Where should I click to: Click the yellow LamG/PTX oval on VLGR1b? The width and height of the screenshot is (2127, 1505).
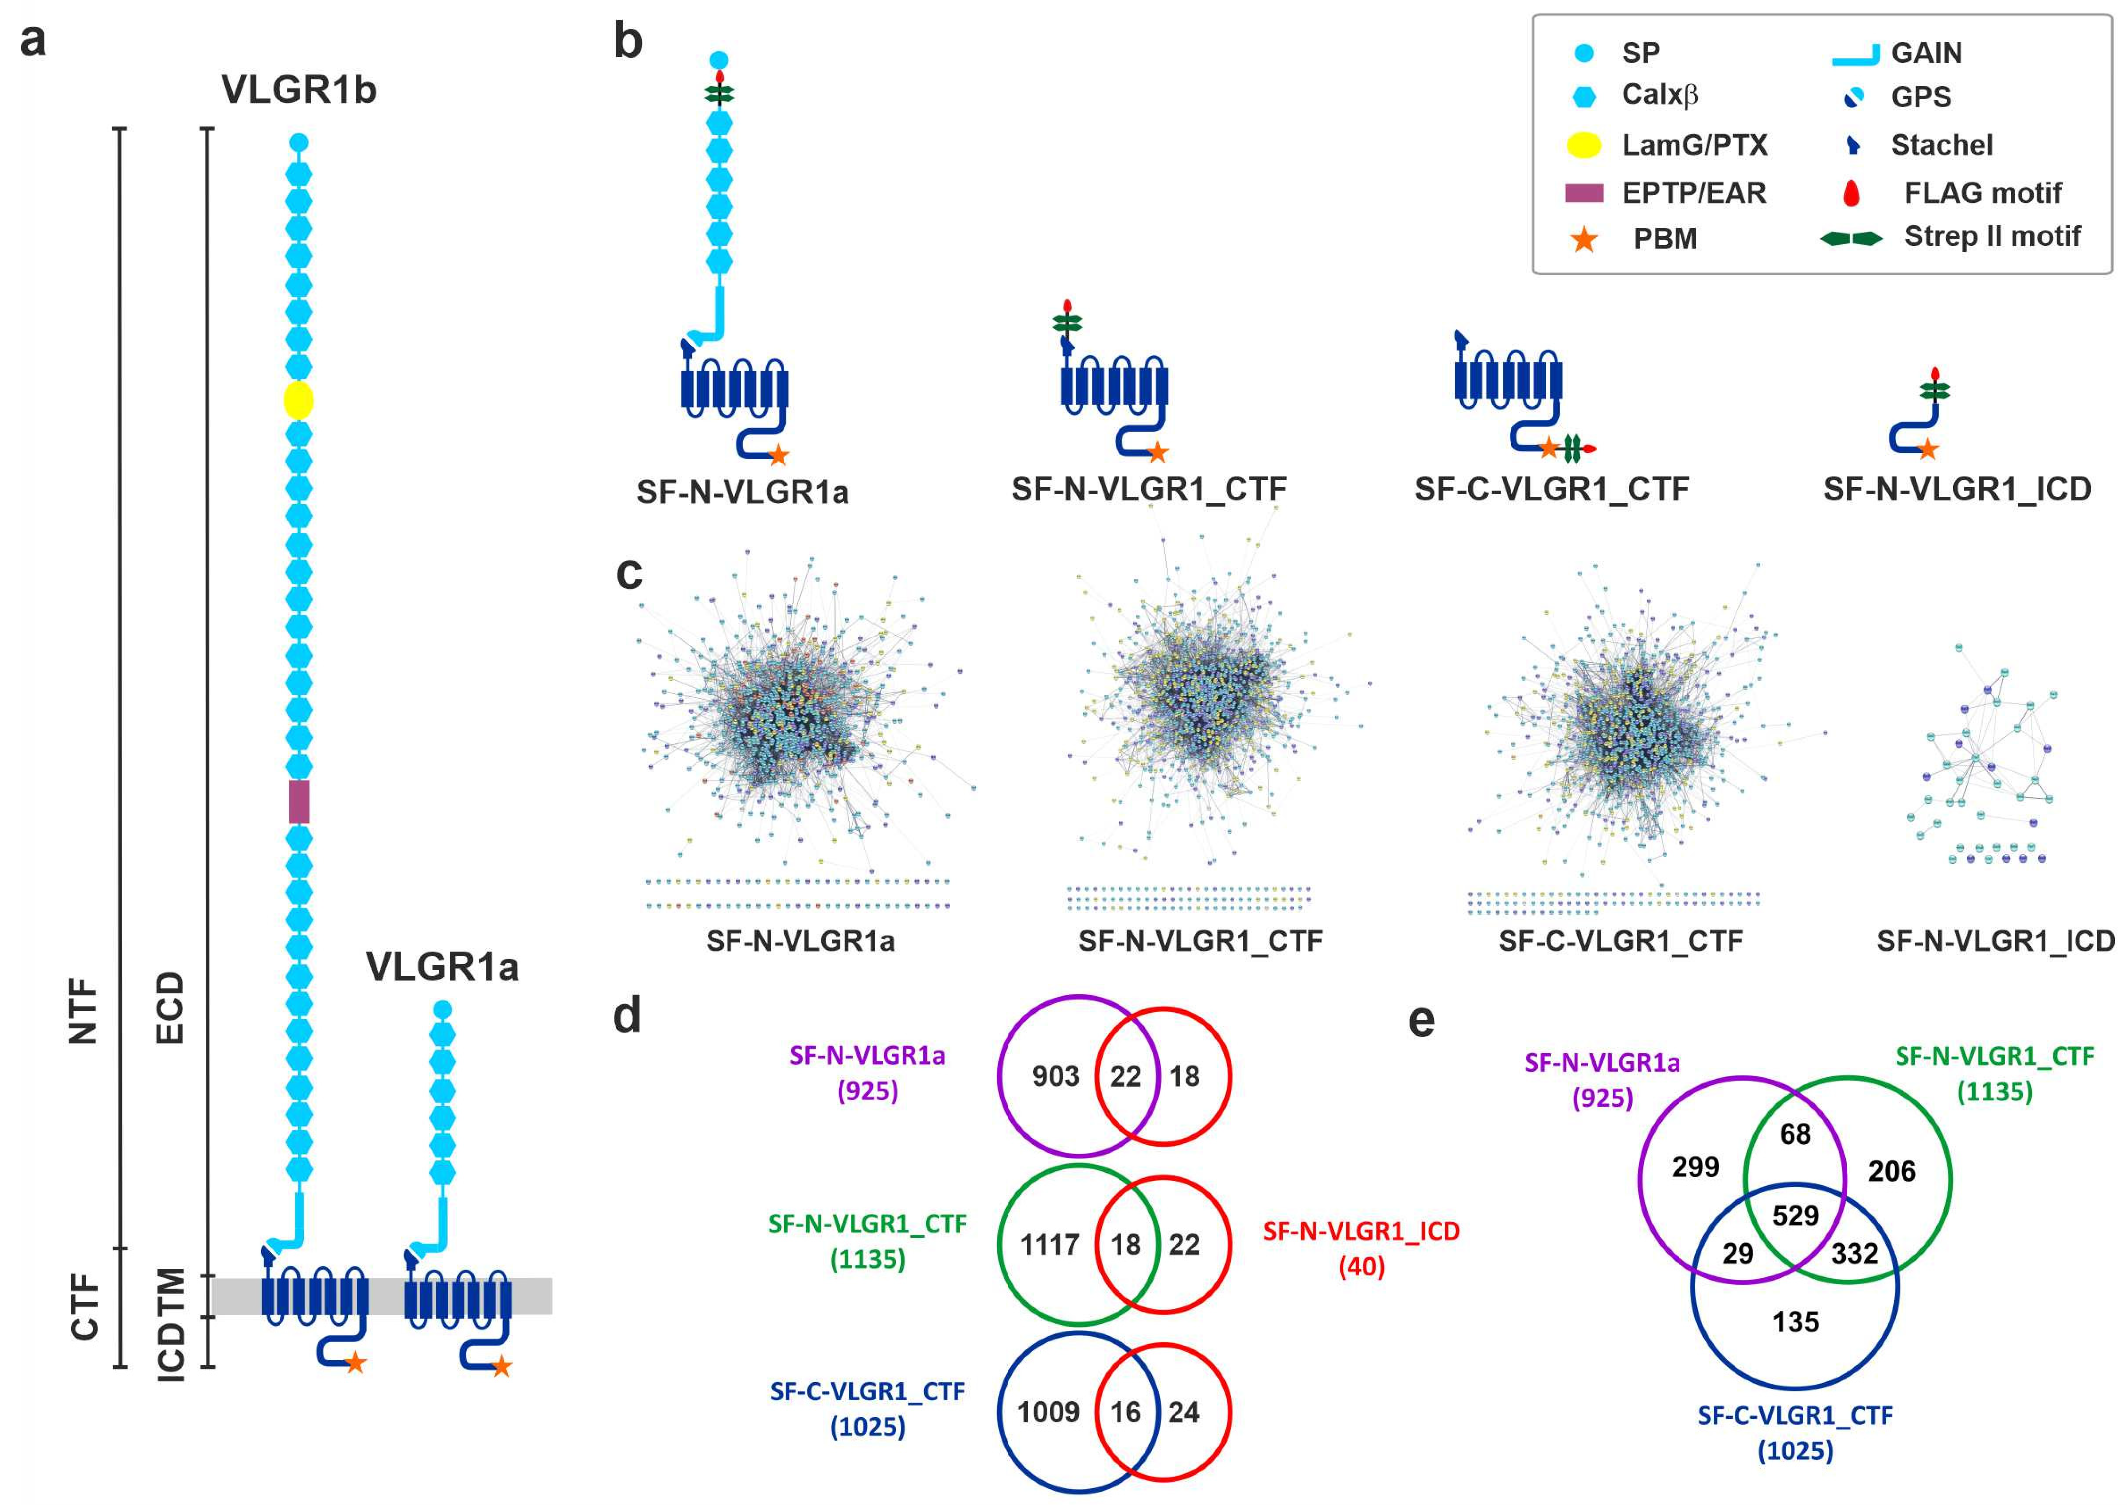298,401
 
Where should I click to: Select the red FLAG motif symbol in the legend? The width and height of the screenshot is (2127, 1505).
1851,193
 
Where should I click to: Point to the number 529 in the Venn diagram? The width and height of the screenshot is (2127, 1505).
1794,1215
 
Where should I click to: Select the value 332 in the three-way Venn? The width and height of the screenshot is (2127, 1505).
1854,1254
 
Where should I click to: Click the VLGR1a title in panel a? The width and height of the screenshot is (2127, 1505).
442,967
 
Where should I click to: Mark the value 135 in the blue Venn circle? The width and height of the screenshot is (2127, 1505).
1795,1322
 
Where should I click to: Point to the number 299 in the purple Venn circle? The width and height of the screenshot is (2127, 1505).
1695,1167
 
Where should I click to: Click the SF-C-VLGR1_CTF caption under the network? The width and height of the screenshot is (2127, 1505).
1620,941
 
